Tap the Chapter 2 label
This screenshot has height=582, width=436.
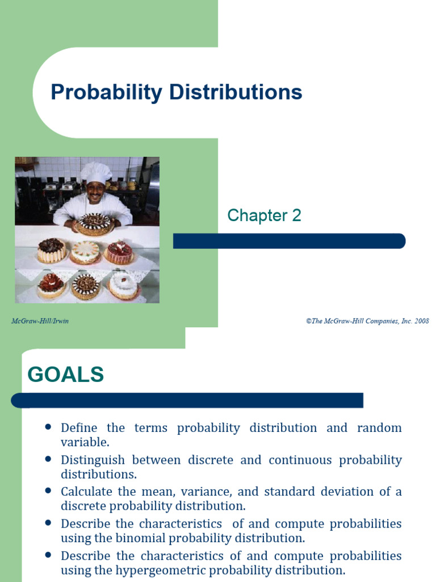(x=264, y=215)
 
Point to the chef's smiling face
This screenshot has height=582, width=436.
(x=95, y=192)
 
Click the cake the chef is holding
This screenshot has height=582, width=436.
(x=94, y=223)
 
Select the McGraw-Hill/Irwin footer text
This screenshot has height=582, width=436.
(x=40, y=321)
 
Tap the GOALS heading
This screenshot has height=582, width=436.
(x=66, y=375)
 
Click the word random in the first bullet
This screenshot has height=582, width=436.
(x=379, y=428)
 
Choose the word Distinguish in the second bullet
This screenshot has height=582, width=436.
(x=92, y=460)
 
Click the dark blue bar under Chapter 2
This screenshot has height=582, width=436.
(x=289, y=241)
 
